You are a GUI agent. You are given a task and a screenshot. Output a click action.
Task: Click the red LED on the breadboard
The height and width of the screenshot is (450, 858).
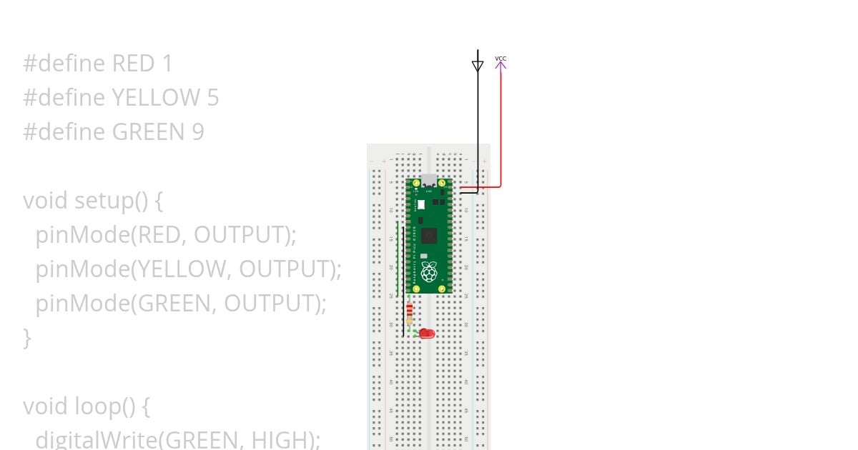coord(428,334)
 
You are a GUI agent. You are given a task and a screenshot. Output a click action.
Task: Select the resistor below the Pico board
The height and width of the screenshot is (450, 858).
coord(409,313)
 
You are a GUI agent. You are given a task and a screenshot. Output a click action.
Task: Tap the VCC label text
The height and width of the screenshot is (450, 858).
coord(500,58)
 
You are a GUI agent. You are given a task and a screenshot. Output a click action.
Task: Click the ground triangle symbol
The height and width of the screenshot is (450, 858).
coord(478,66)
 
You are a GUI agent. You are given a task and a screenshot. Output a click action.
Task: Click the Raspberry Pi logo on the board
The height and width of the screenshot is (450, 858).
coord(429,271)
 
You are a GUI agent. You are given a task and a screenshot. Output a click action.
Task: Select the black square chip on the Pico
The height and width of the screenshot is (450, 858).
coord(429,236)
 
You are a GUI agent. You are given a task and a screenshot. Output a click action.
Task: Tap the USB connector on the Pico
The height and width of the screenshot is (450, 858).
coord(429,181)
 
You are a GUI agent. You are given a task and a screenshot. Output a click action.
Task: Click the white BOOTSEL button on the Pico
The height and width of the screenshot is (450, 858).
coord(421,204)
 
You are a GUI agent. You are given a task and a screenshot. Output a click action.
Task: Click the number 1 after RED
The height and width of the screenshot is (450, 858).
coord(167,64)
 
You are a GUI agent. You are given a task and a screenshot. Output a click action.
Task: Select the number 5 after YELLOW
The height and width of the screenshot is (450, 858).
coord(212,97)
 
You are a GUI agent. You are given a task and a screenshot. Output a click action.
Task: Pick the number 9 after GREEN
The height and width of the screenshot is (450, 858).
coord(197,131)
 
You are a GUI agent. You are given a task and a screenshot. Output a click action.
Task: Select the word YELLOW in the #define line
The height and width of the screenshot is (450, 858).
coord(156,97)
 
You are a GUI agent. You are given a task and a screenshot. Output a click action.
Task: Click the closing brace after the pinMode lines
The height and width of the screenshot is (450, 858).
coord(27,337)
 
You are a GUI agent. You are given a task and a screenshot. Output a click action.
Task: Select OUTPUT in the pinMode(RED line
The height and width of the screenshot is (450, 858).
coord(239,234)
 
